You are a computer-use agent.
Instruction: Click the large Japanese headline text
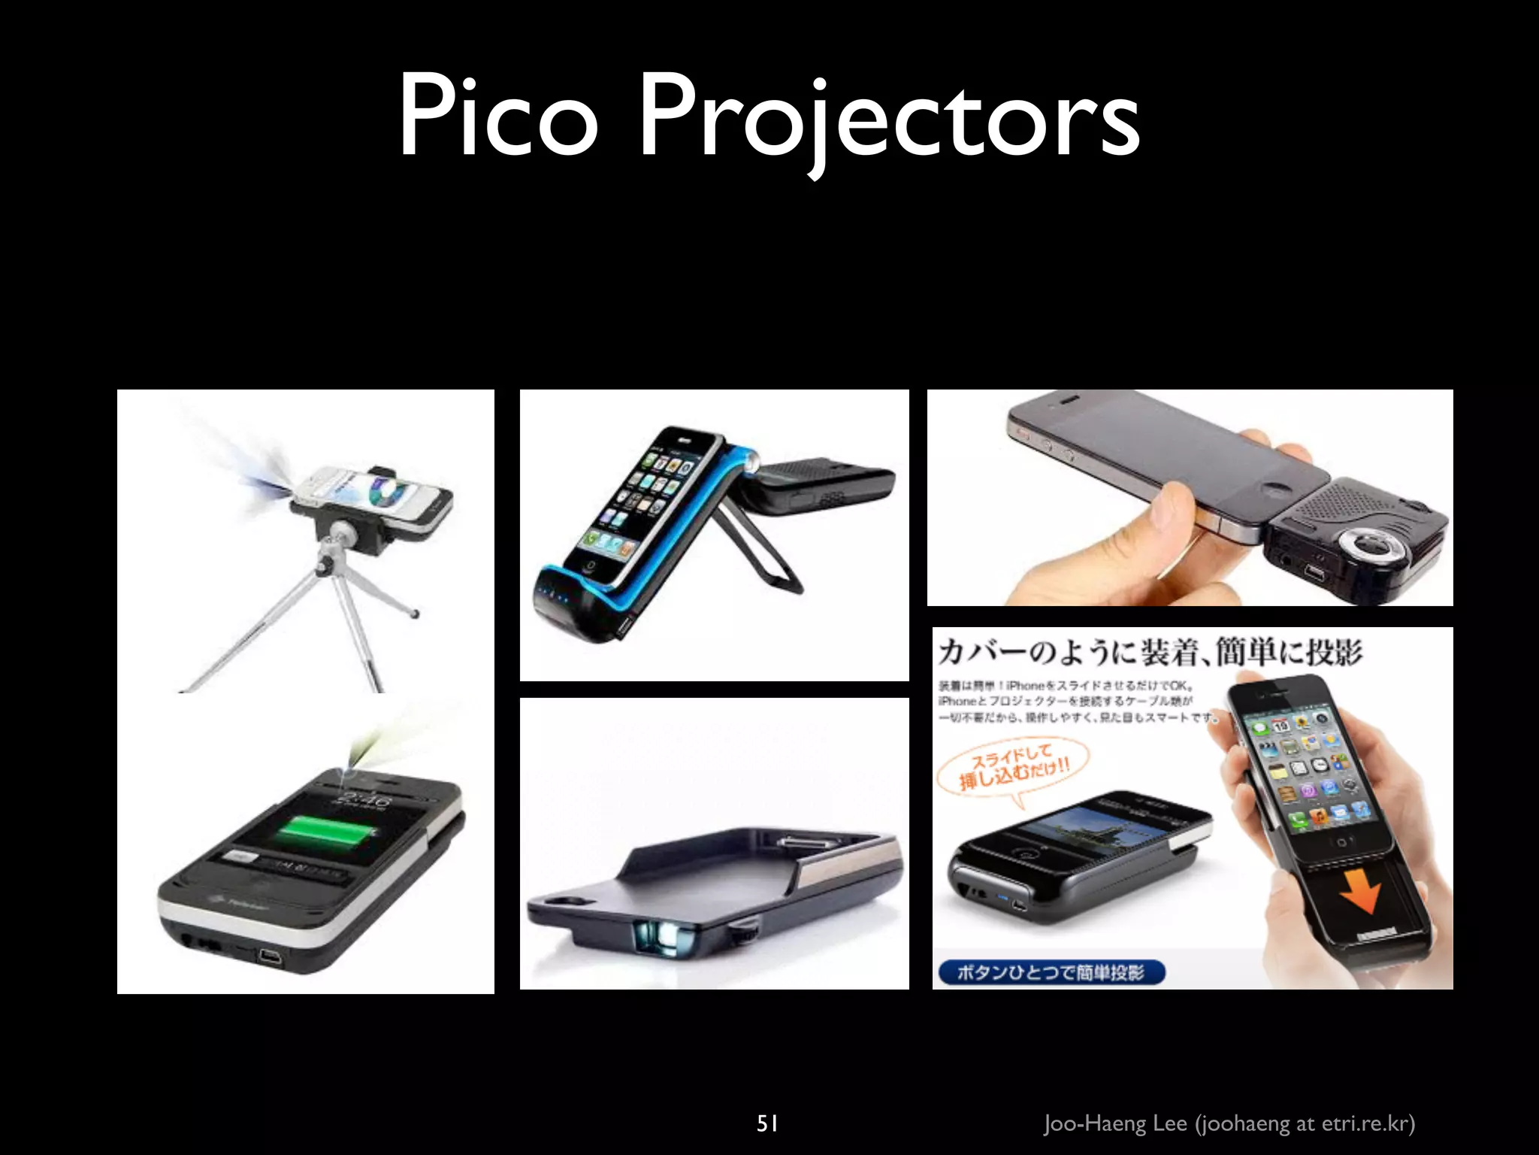pos(1149,652)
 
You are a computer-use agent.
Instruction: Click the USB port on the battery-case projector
pos(268,956)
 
